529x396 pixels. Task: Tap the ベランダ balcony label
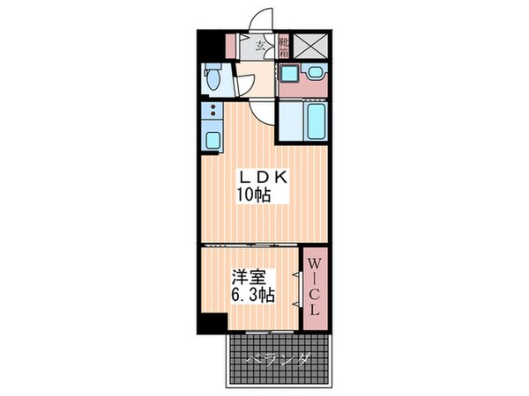[279, 358]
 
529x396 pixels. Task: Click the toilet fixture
[212, 80]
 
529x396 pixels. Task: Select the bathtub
[316, 121]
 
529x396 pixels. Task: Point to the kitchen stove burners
[212, 112]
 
